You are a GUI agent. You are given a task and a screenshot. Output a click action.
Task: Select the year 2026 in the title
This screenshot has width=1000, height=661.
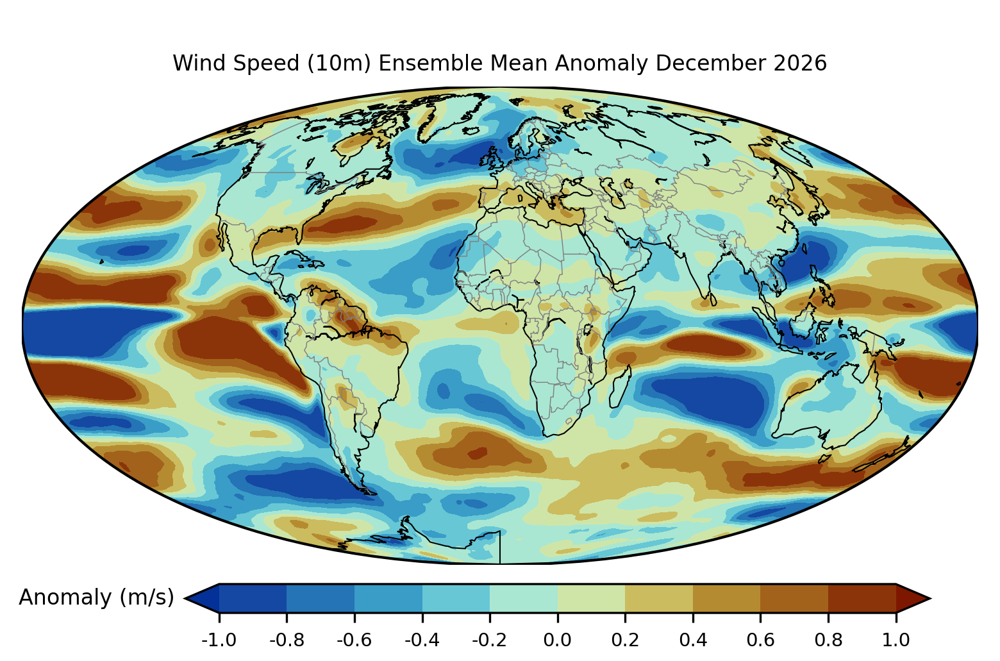point(800,63)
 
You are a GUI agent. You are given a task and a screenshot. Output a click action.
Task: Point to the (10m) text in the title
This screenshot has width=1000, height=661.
point(339,63)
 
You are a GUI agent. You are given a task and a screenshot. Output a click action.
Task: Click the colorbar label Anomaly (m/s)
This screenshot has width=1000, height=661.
point(96,598)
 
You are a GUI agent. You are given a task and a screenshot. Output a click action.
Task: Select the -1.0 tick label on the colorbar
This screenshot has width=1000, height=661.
point(219,640)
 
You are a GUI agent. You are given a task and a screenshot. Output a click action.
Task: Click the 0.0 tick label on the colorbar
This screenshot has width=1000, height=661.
point(557,640)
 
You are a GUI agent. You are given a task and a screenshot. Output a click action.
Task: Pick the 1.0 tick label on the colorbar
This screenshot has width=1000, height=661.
point(896,640)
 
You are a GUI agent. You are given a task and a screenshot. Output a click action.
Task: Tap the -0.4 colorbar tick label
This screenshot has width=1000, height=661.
point(422,640)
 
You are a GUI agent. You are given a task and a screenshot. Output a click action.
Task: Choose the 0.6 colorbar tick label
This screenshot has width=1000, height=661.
point(760,640)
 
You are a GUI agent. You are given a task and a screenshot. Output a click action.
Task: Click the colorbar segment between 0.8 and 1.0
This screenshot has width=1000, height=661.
point(862,598)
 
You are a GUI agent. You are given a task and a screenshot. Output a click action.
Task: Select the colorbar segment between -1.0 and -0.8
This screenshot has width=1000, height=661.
point(253,598)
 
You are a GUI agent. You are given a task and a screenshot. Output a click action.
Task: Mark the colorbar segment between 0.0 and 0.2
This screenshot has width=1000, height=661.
point(591,598)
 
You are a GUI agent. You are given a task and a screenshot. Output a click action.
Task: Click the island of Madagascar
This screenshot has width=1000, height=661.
point(621,386)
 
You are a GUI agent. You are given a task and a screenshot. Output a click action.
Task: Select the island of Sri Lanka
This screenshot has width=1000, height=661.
point(713,299)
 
